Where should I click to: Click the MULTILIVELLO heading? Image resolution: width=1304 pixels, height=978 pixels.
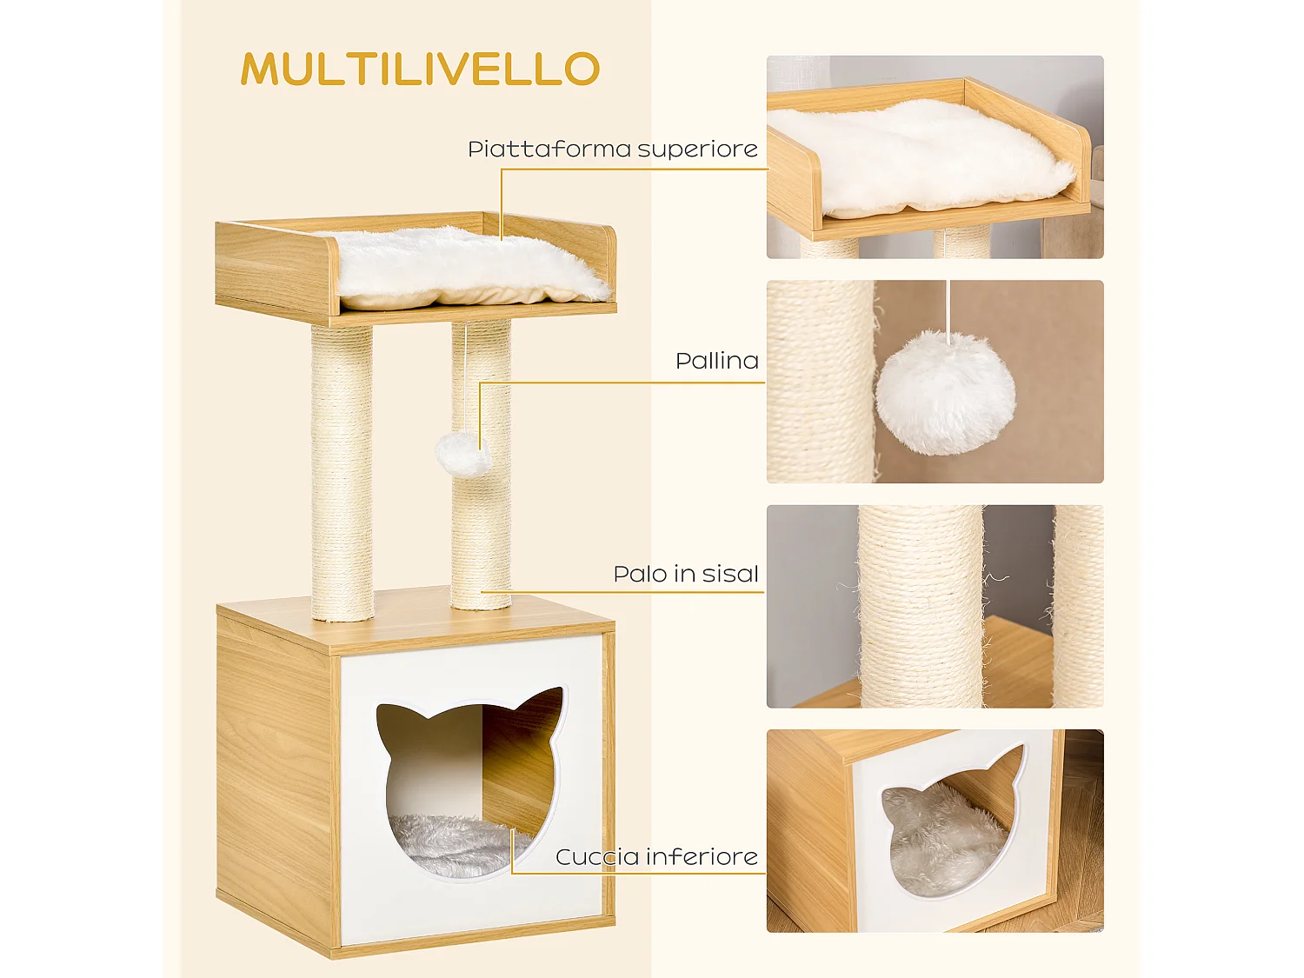(x=420, y=69)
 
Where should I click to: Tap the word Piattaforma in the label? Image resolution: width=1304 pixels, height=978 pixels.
(x=549, y=149)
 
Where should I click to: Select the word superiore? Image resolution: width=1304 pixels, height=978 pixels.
(x=698, y=149)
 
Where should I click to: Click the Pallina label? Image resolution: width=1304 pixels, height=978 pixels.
(x=717, y=361)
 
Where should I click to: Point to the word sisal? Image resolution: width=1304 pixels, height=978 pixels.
(x=730, y=574)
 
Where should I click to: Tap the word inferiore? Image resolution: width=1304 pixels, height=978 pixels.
(x=702, y=857)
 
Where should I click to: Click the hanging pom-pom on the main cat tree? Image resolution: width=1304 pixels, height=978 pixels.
(x=462, y=454)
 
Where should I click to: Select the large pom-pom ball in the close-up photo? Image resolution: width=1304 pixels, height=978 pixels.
(x=946, y=393)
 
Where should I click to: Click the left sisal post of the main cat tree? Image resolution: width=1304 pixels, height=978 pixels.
(x=343, y=472)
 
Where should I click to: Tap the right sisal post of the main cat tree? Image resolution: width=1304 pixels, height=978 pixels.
(x=481, y=464)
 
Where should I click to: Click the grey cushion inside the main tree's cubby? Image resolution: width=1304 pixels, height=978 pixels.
(x=455, y=845)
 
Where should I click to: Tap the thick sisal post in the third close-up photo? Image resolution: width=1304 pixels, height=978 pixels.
(x=919, y=606)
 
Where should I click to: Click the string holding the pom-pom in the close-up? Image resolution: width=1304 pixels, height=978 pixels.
(x=948, y=309)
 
